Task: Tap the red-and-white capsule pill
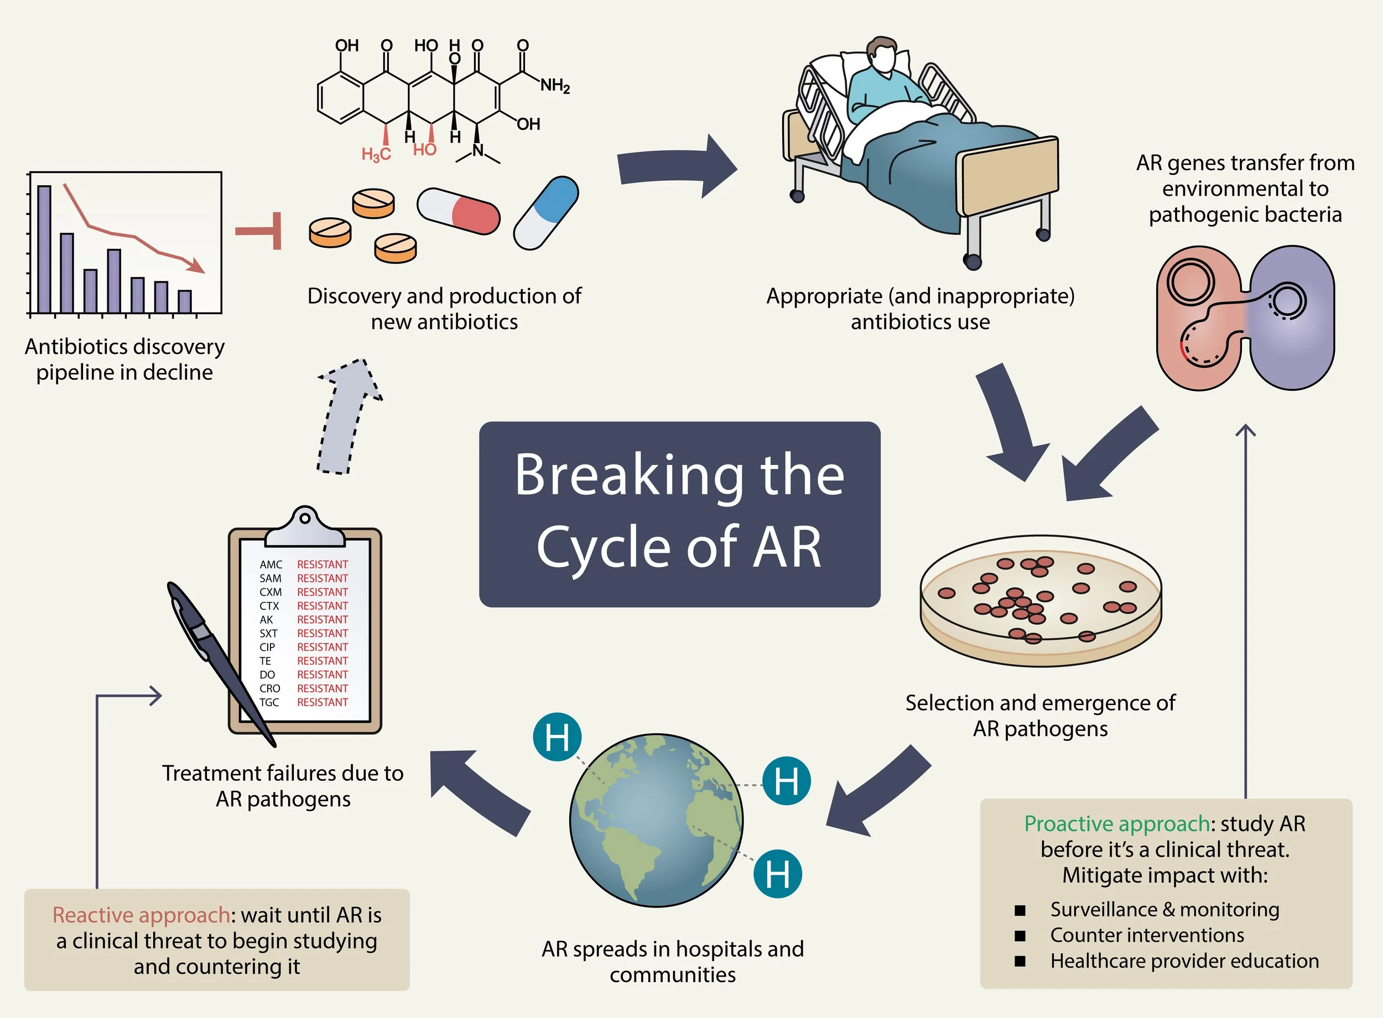point(459,211)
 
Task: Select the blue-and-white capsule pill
point(546,212)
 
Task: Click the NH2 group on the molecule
point(555,85)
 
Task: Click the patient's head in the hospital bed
point(881,57)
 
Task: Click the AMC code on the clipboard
point(271,565)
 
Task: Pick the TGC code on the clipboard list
point(269,702)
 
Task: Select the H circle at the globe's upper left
point(557,737)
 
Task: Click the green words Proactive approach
point(1117,824)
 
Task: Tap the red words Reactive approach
point(141,915)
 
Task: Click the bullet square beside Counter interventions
point(1020,936)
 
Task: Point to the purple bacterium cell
point(1291,317)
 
